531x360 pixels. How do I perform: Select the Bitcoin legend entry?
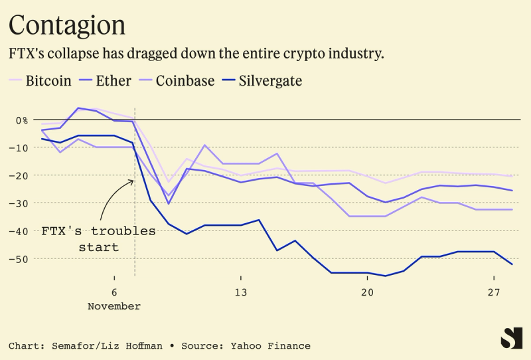pos(48,81)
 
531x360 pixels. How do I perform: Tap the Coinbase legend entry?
pos(185,81)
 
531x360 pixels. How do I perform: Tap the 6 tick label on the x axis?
pos(114,293)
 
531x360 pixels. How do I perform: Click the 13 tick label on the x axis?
pos(240,293)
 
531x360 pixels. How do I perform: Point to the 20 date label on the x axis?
pos(367,293)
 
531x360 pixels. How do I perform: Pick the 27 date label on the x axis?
pos(494,293)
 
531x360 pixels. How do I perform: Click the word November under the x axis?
pos(114,306)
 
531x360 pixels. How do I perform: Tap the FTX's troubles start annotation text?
pos(98,239)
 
